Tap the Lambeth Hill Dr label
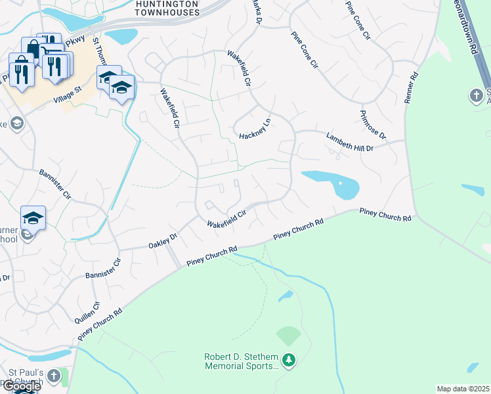coord(349,142)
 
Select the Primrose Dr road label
coord(373,125)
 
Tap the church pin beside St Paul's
coord(55,376)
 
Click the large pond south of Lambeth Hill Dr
coord(335,183)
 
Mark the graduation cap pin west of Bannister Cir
coord(33,218)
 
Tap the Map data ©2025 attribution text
coord(463,389)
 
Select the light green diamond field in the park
coord(288,336)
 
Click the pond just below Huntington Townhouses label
coord(121,35)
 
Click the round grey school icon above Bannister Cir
coord(17,123)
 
